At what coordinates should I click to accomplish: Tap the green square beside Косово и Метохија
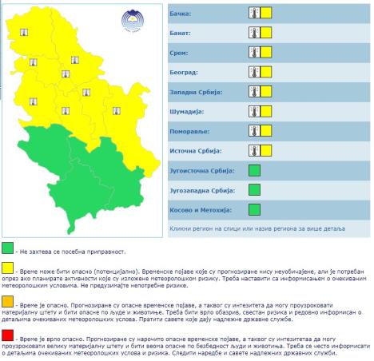click(x=255, y=209)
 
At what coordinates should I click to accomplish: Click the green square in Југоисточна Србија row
click(x=255, y=170)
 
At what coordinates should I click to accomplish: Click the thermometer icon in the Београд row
click(x=253, y=72)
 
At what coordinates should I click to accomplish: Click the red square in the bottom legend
click(x=8, y=334)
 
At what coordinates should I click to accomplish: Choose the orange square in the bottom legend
click(x=8, y=300)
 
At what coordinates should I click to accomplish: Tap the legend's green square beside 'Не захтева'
click(x=8, y=248)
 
